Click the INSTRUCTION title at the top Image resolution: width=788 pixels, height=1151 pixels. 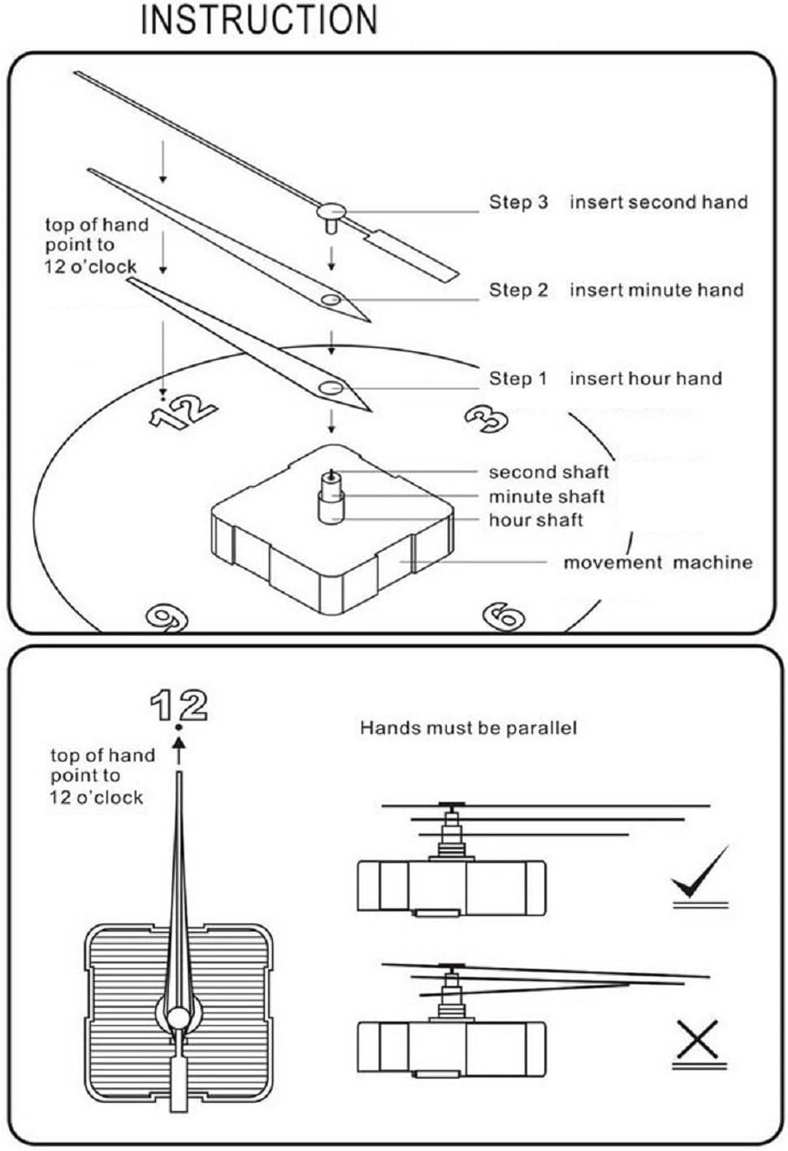[259, 20]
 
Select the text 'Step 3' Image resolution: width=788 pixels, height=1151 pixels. [518, 202]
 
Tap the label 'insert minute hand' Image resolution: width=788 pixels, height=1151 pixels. [656, 290]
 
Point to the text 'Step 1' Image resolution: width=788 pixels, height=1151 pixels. [518, 379]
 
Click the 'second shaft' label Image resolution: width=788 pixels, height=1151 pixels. [548, 472]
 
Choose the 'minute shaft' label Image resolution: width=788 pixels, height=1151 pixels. [547, 497]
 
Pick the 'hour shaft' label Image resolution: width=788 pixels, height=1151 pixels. [535, 520]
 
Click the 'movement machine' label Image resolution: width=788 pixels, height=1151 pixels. [657, 562]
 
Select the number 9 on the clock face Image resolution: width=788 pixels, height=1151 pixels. [166, 618]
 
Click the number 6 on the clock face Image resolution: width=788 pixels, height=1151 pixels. [504, 615]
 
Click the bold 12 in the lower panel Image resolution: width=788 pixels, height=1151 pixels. [180, 705]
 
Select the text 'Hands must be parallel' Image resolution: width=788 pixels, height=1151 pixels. [468, 728]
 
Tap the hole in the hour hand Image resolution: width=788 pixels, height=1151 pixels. [331, 389]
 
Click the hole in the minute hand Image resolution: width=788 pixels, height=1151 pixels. [331, 301]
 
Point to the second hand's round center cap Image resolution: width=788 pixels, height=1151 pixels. [331, 211]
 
